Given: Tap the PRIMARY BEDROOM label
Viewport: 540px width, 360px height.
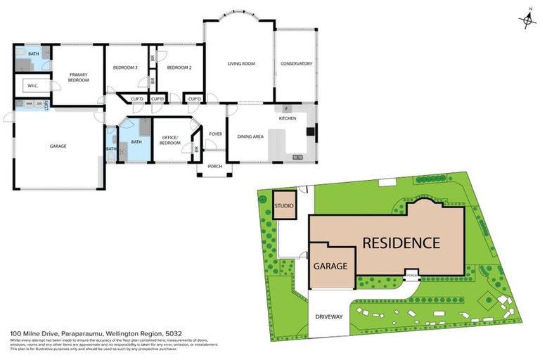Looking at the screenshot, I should (x=78, y=77).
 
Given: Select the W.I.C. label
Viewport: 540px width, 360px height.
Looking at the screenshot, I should (x=32, y=86).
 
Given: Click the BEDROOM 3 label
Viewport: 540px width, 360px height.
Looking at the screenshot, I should (x=125, y=67).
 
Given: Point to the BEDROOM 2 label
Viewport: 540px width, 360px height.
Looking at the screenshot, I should (x=179, y=67).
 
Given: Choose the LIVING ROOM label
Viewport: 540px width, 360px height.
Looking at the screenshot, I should (x=240, y=64).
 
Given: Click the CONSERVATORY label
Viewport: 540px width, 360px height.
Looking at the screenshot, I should (x=296, y=64).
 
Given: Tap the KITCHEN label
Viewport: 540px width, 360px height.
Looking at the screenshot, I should (x=288, y=118).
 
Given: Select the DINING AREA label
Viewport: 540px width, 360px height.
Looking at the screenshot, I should (x=250, y=136).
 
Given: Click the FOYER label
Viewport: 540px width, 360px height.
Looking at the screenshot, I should (x=215, y=133).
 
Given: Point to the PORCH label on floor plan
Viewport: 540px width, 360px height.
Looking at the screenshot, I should (x=214, y=166).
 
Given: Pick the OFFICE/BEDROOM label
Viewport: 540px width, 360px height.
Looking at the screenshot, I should (x=171, y=140).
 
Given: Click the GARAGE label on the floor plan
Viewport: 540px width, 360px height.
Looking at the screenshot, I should (x=58, y=146).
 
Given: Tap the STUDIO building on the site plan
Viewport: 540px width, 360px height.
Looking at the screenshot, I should (x=284, y=205).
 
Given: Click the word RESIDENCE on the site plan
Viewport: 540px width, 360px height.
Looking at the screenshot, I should (x=401, y=243).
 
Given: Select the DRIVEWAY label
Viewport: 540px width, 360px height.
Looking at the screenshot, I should (x=329, y=317).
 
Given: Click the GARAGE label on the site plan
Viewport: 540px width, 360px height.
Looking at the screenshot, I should (x=330, y=267).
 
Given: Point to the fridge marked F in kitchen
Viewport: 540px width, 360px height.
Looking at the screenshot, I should (x=287, y=109).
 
